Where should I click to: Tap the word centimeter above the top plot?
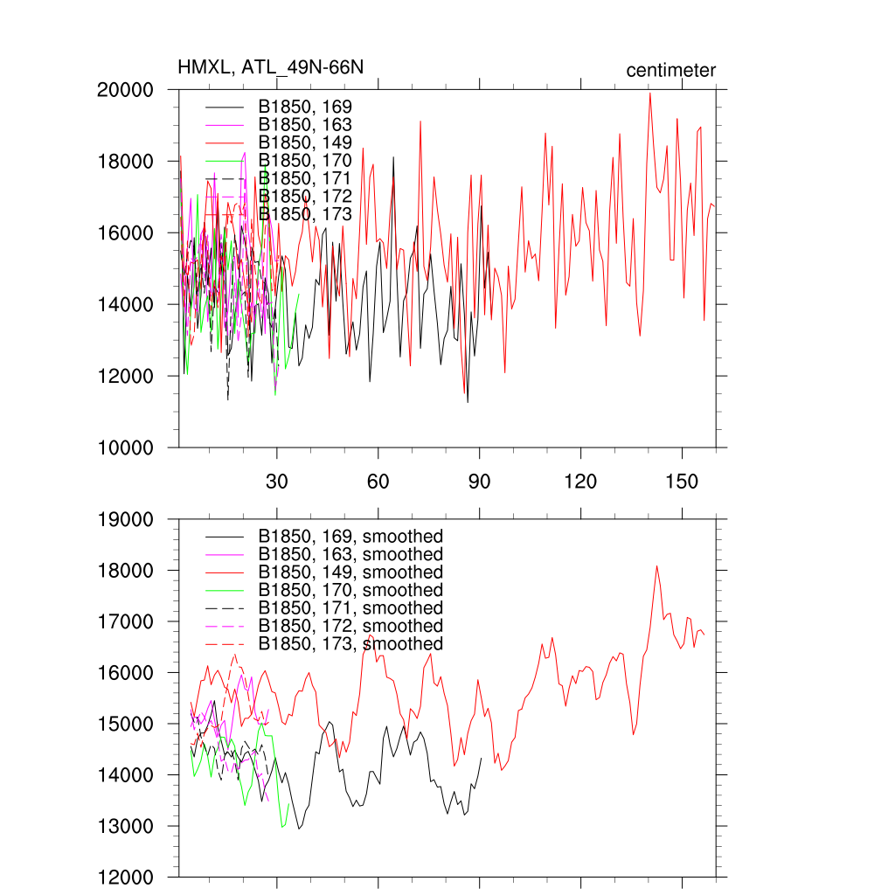[x=671, y=70]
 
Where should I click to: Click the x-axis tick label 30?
[x=277, y=482]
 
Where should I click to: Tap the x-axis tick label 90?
[x=480, y=482]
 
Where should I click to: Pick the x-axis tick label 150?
[x=682, y=482]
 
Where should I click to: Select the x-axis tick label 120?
[x=580, y=482]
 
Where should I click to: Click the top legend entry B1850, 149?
[x=305, y=142]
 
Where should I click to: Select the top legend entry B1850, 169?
[x=305, y=107]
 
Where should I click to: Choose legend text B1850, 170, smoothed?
[x=350, y=590]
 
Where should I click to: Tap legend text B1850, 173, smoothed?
[x=350, y=644]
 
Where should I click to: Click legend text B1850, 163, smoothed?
[x=350, y=554]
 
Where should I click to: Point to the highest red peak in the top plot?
[x=649, y=93]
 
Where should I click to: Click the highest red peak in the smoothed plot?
[x=656, y=565]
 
